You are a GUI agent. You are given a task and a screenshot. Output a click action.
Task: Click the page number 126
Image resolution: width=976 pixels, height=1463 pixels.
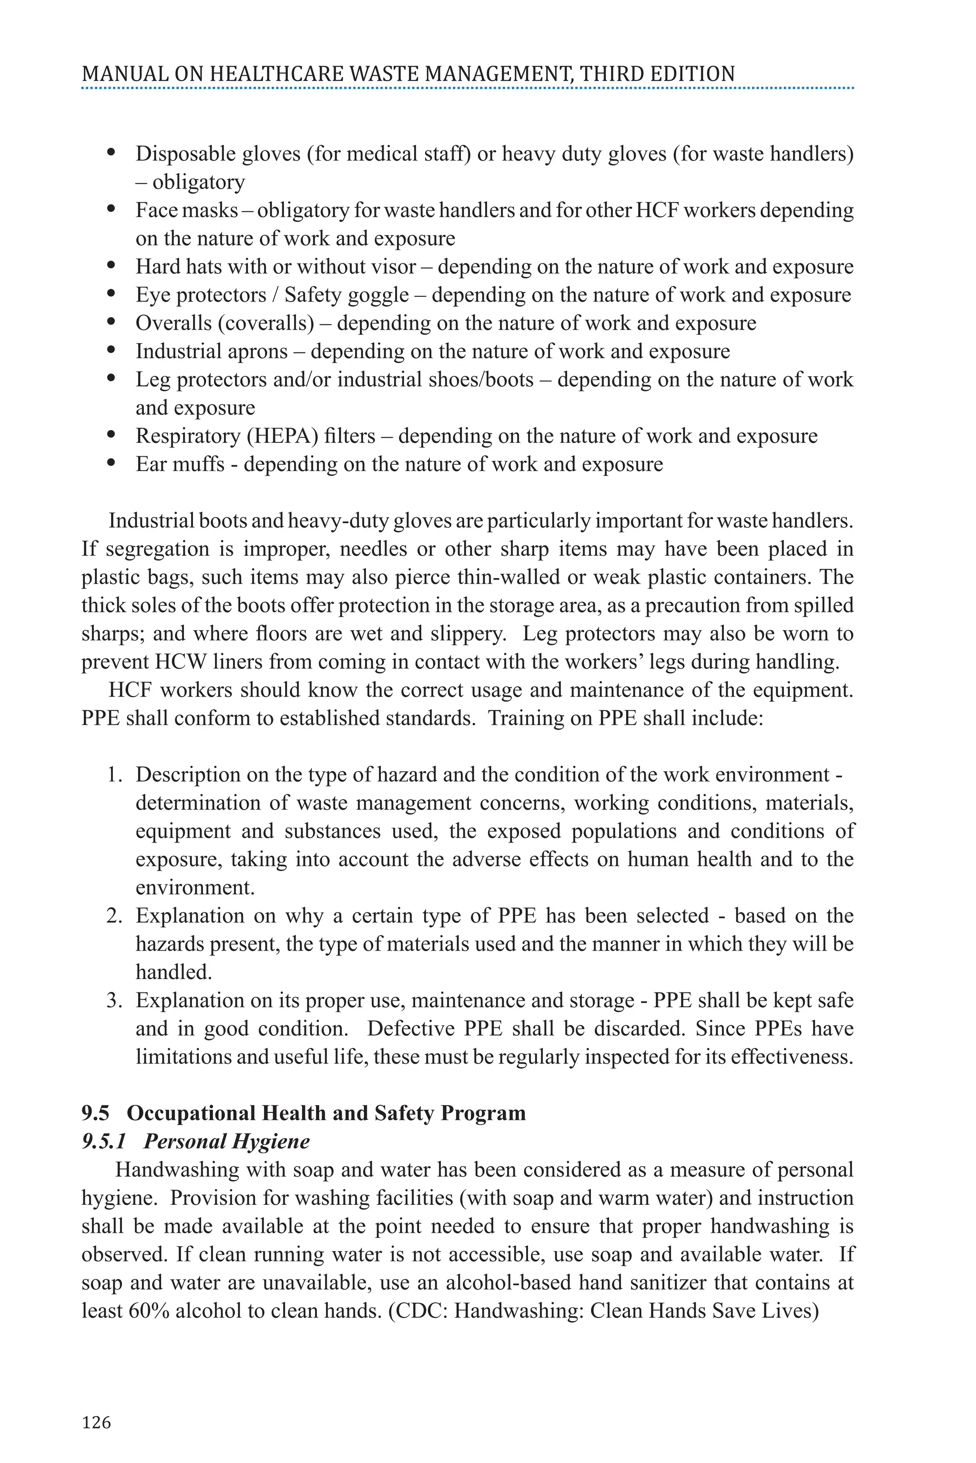(96, 1423)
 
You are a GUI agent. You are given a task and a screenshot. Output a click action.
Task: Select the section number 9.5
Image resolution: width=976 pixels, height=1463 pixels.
(95, 1113)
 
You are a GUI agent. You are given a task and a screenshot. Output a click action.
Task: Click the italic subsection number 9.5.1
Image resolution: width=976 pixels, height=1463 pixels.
(104, 1142)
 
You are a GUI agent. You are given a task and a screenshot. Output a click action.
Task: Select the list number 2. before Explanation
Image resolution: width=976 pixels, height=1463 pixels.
(114, 916)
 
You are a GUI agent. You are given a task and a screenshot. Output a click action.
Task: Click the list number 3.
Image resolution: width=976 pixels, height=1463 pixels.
(114, 1000)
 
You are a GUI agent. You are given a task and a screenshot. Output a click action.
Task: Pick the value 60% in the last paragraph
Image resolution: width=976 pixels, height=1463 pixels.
(149, 1311)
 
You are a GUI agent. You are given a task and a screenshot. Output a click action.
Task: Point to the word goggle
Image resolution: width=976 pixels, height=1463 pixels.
(378, 295)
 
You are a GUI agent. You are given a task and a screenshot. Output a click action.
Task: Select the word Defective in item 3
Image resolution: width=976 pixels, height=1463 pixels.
(411, 1028)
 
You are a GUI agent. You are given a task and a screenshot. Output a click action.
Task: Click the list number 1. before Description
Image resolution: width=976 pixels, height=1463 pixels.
(113, 775)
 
